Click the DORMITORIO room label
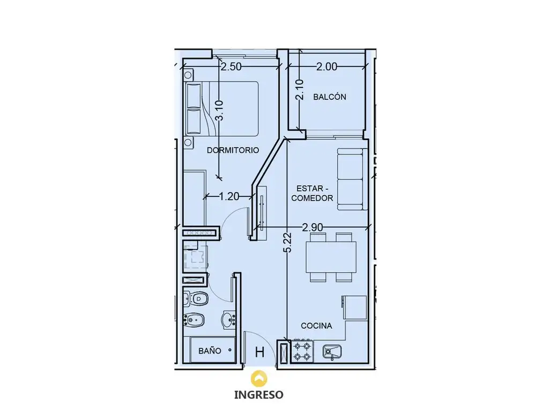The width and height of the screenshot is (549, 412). [233, 150]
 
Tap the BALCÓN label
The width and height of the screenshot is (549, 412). [330, 97]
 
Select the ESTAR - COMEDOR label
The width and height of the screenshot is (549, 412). [312, 193]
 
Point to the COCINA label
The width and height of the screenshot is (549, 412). [316, 326]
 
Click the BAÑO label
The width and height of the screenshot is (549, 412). [210, 351]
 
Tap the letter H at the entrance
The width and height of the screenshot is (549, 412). [259, 352]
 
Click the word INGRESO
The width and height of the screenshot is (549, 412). [259, 394]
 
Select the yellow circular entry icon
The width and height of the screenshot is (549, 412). [259, 378]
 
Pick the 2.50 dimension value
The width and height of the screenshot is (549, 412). [231, 67]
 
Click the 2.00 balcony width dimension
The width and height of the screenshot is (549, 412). [327, 67]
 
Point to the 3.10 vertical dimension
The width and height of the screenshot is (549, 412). [219, 111]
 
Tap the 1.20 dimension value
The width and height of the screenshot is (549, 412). [229, 196]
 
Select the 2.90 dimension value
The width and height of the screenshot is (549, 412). [313, 227]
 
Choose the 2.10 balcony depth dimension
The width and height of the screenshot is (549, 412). [300, 90]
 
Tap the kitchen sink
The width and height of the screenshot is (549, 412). [332, 352]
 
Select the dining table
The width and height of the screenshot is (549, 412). [331, 257]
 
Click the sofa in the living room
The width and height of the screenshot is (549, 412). [352, 179]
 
